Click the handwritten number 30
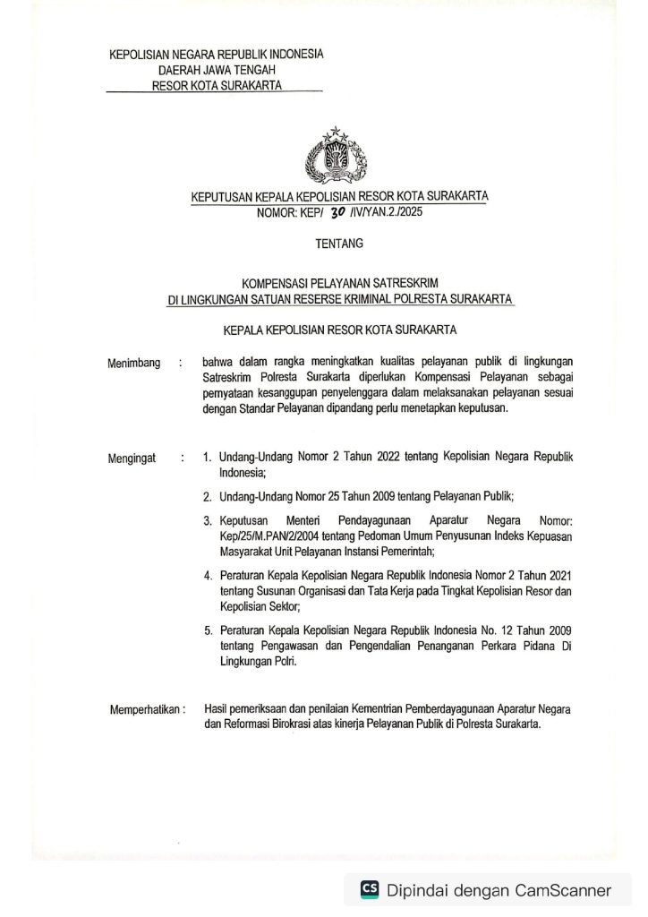(337, 212)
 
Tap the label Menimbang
(134, 363)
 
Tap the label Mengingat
(132, 458)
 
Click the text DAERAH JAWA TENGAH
(217, 70)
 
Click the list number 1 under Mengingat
(207, 458)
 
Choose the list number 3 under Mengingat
(207, 520)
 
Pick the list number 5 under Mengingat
(207, 631)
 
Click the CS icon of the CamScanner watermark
(369, 890)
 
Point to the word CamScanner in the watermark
(563, 890)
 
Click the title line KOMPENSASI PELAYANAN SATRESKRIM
(340, 283)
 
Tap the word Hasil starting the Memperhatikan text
(216, 707)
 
